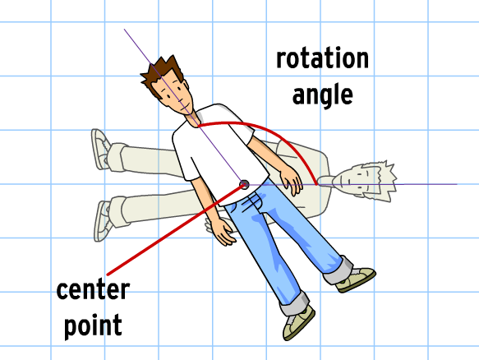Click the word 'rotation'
(322, 58)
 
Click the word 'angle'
(323, 95)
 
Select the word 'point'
(93, 325)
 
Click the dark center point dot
(244, 185)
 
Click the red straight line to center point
(175, 229)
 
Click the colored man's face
(176, 93)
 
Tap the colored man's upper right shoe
(356, 279)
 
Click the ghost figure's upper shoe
(101, 149)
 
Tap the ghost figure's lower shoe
(104, 220)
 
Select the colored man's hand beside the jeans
(222, 231)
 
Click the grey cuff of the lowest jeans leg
(294, 305)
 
